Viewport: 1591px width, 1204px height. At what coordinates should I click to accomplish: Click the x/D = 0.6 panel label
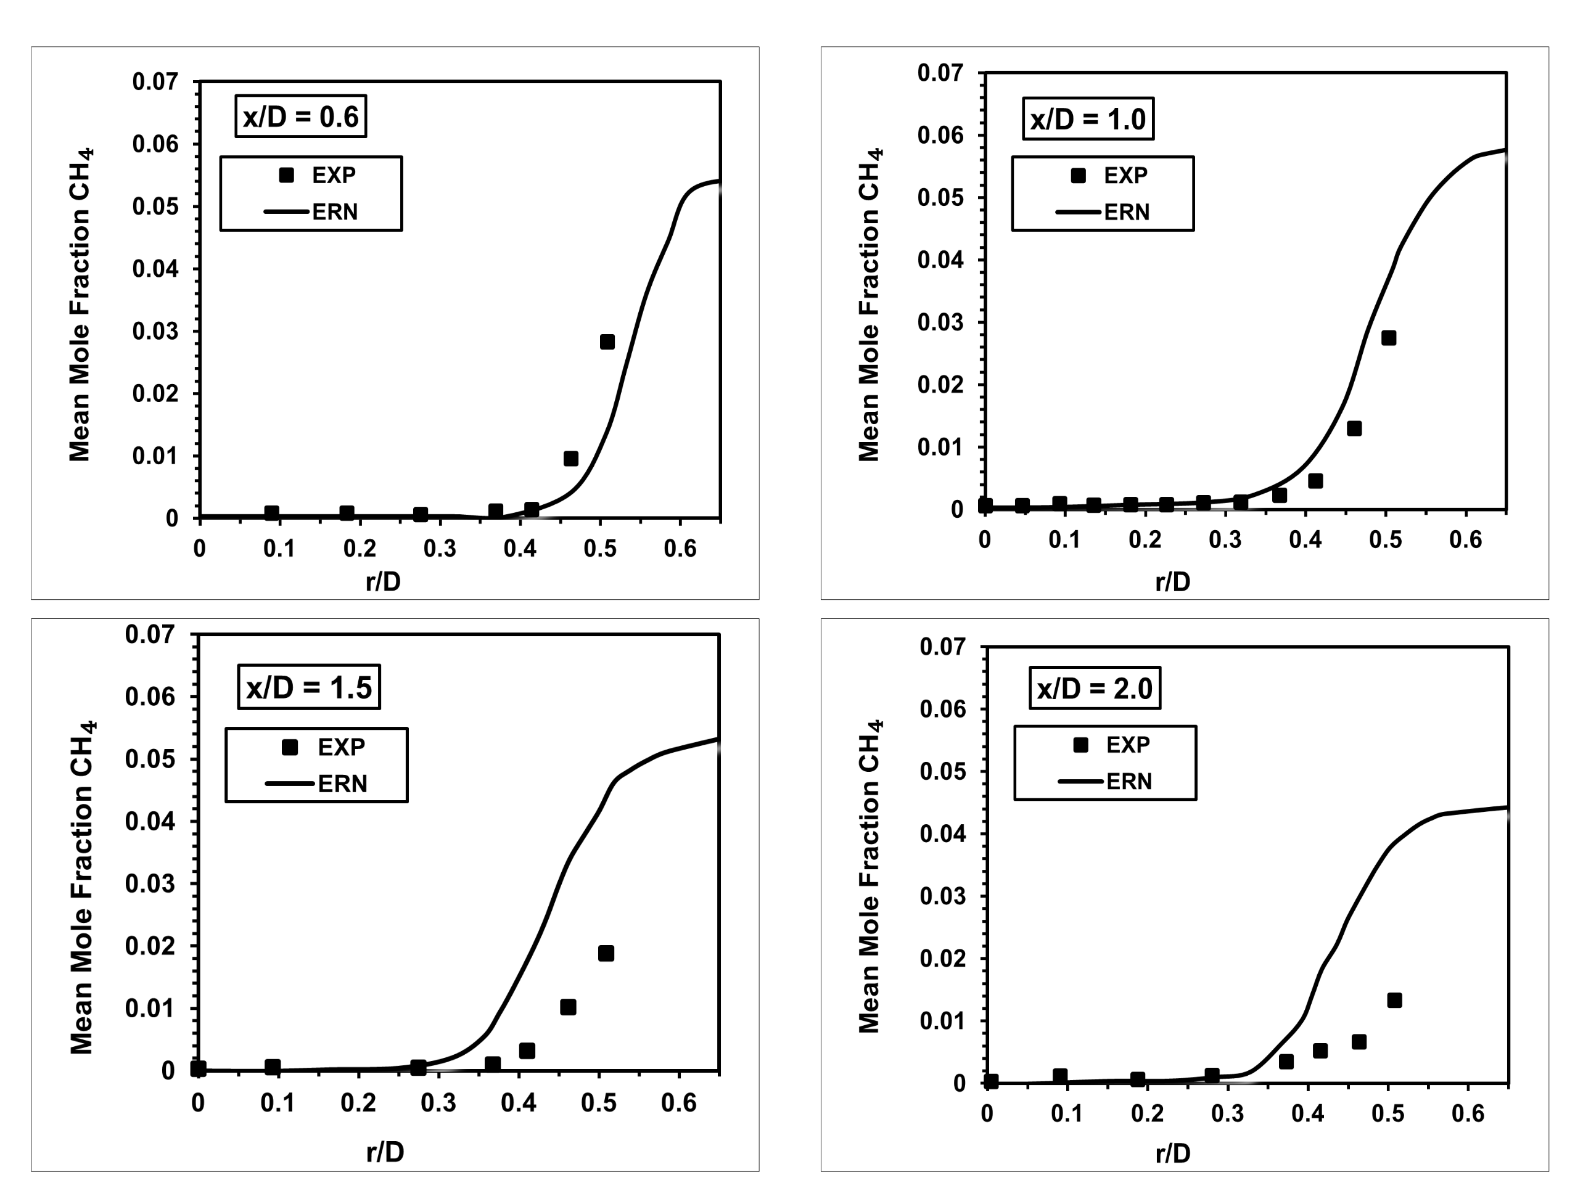pyautogui.click(x=301, y=117)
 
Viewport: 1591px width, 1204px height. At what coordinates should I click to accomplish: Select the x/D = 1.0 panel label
pyautogui.click(x=1088, y=118)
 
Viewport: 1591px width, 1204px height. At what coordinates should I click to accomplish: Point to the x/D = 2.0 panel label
pyautogui.click(x=1094, y=689)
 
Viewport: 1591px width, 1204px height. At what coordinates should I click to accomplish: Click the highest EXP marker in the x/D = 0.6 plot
pyautogui.click(x=607, y=342)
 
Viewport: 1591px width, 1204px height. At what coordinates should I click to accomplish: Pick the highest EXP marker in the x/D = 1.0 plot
pyautogui.click(x=1389, y=338)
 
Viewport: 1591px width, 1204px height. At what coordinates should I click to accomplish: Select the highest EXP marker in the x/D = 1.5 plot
pyautogui.click(x=606, y=954)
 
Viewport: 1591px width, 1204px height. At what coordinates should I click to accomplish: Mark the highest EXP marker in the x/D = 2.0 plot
pyautogui.click(x=1394, y=1001)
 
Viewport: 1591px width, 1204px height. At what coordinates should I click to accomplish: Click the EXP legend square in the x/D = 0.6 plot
pyautogui.click(x=286, y=176)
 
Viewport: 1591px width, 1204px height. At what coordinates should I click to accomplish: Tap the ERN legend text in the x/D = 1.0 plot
pyautogui.click(x=1127, y=212)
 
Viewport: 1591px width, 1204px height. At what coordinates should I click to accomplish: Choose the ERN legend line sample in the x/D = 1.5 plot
pyautogui.click(x=290, y=783)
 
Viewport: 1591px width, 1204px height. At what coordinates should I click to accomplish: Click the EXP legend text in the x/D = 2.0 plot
pyautogui.click(x=1128, y=745)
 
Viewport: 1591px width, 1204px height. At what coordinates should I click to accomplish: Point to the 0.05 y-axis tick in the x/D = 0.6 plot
pyautogui.click(x=155, y=207)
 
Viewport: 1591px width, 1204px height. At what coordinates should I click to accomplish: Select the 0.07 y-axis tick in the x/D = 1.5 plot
pyautogui.click(x=150, y=634)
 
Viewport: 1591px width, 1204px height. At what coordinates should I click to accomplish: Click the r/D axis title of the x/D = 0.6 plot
pyautogui.click(x=383, y=581)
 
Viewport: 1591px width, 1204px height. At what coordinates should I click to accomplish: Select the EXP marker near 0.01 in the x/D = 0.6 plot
pyautogui.click(x=570, y=459)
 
